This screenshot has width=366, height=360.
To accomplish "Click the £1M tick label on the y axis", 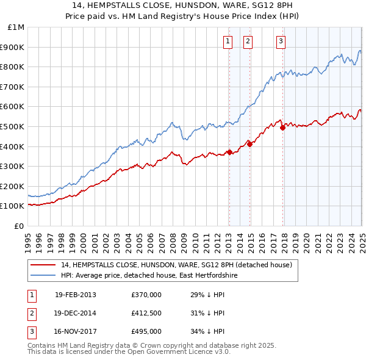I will click(16, 27).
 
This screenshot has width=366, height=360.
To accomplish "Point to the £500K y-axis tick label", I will click(13, 127).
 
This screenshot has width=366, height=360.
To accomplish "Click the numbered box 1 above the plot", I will click(228, 41).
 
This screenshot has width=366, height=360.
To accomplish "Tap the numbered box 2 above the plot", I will click(248, 41).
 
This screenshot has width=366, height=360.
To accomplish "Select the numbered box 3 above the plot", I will click(281, 41).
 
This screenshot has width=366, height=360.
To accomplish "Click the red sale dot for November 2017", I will click(283, 128).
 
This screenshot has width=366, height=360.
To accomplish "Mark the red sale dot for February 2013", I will click(229, 152).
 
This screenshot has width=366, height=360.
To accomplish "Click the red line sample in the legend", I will click(43, 265).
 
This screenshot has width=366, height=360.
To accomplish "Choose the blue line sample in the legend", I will click(43, 275).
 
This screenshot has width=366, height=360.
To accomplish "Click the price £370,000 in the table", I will click(146, 295).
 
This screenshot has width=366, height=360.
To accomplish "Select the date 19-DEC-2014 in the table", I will click(76, 313).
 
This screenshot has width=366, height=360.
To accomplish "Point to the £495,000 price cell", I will click(146, 331).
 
